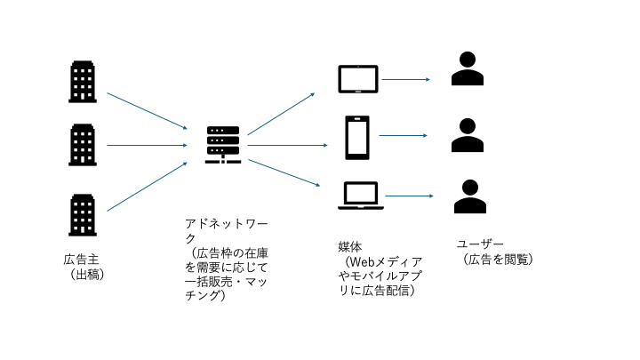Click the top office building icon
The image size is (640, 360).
click(x=82, y=82)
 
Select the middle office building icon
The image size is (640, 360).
click(x=82, y=145)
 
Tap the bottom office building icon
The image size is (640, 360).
click(x=82, y=214)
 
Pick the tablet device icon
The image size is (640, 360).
click(x=357, y=80)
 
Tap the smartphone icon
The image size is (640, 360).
click(x=357, y=138)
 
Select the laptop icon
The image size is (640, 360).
click(x=359, y=196)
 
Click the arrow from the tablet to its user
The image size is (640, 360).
click(x=405, y=80)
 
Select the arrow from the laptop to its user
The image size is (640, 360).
click(x=409, y=196)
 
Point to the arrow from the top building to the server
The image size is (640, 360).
click(x=147, y=110)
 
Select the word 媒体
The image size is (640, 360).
click(x=349, y=245)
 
